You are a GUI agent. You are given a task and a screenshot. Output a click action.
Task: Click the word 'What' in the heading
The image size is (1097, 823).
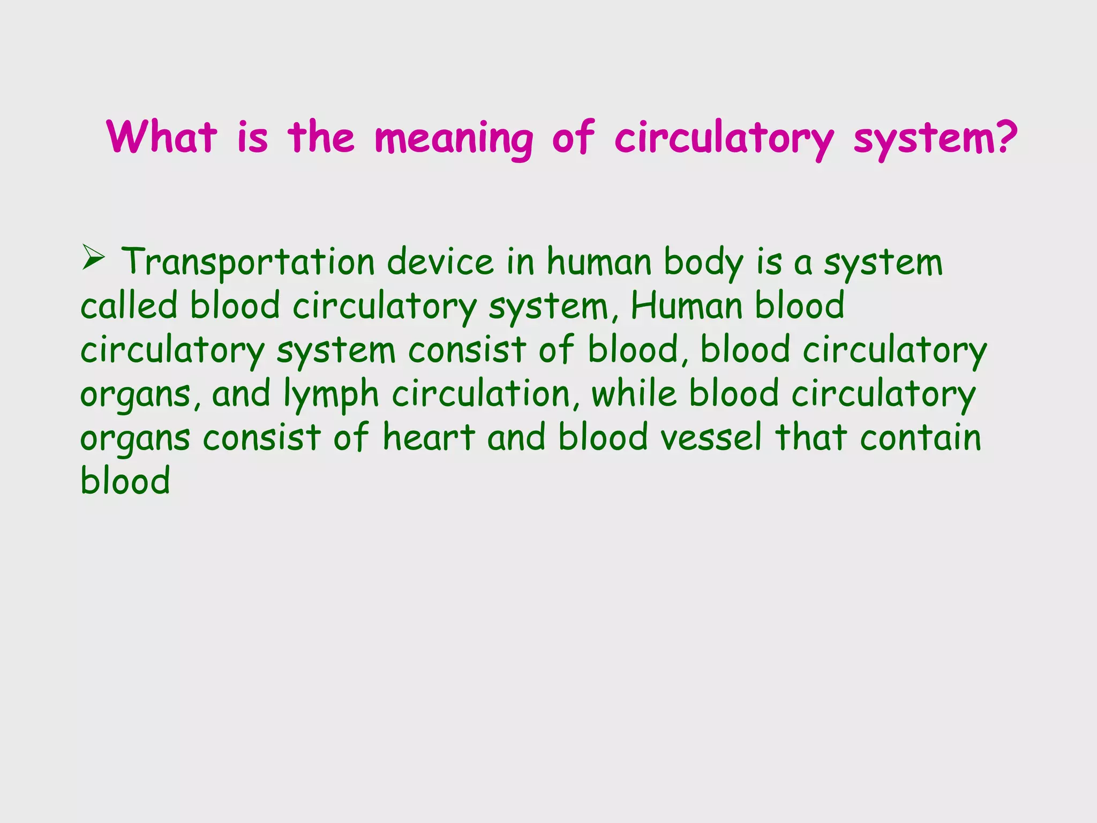click(x=162, y=137)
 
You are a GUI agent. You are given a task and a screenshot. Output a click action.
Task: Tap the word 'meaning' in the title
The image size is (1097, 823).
click(x=454, y=139)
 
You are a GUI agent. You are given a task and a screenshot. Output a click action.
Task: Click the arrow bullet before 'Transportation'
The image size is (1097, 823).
click(x=93, y=258)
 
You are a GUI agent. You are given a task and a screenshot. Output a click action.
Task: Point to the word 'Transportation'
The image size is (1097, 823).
click(x=248, y=263)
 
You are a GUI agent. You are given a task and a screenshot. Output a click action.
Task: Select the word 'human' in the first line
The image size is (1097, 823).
click(x=598, y=263)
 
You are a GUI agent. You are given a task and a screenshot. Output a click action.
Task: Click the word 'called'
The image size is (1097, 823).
click(x=129, y=306)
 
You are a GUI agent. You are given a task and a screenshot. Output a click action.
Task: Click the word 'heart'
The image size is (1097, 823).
click(x=429, y=437)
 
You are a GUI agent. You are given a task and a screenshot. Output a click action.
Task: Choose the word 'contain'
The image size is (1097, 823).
click(x=921, y=437)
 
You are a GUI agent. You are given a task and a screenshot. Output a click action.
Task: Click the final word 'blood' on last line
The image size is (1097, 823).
click(x=125, y=481)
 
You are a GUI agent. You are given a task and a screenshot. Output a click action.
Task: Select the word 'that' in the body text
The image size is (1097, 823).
click(x=811, y=437)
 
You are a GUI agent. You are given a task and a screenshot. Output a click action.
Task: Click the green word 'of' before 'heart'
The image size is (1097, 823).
click(x=351, y=437)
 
